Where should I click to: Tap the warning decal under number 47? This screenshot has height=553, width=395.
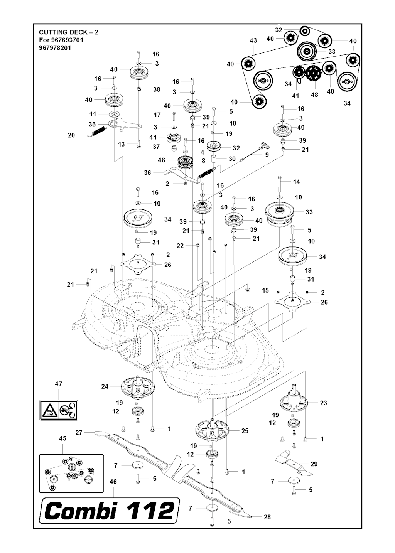click(x=59, y=411)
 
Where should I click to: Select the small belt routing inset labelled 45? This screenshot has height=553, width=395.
click(x=71, y=473)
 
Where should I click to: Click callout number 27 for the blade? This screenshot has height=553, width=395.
click(x=79, y=433)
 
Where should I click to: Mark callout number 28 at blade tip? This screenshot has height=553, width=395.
click(x=267, y=517)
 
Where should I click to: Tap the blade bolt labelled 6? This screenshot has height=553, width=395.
click(x=138, y=479)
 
